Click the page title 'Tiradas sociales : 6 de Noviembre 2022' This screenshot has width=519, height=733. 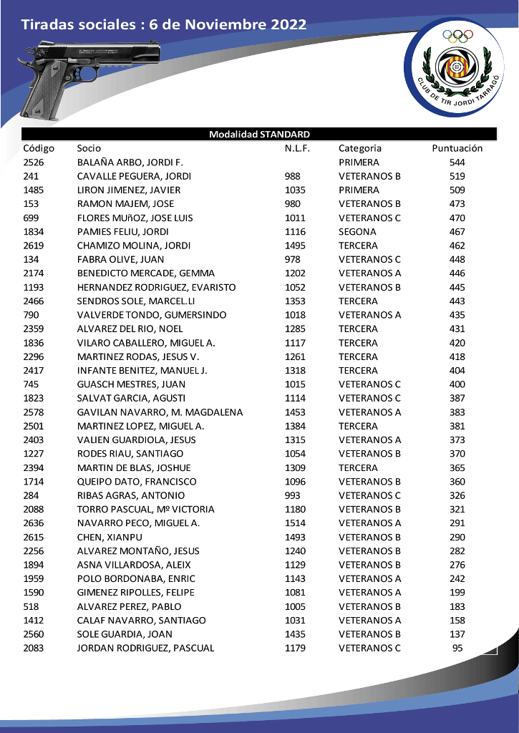164,25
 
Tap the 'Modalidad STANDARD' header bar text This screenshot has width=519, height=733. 259,135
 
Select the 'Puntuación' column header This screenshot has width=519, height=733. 457,148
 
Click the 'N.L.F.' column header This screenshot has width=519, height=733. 297,148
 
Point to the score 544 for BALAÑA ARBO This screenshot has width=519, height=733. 457,162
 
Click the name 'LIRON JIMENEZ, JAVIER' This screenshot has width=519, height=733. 129,190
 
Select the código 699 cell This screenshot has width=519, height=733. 31,218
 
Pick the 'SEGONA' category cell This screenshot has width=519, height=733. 357,232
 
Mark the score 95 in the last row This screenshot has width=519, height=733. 457,648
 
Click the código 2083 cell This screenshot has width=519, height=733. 34,648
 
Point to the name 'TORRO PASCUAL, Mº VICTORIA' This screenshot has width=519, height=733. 146,509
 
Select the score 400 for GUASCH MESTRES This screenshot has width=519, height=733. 457,384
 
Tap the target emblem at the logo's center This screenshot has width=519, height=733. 456,67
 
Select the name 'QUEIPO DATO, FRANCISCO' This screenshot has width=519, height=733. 137,482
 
